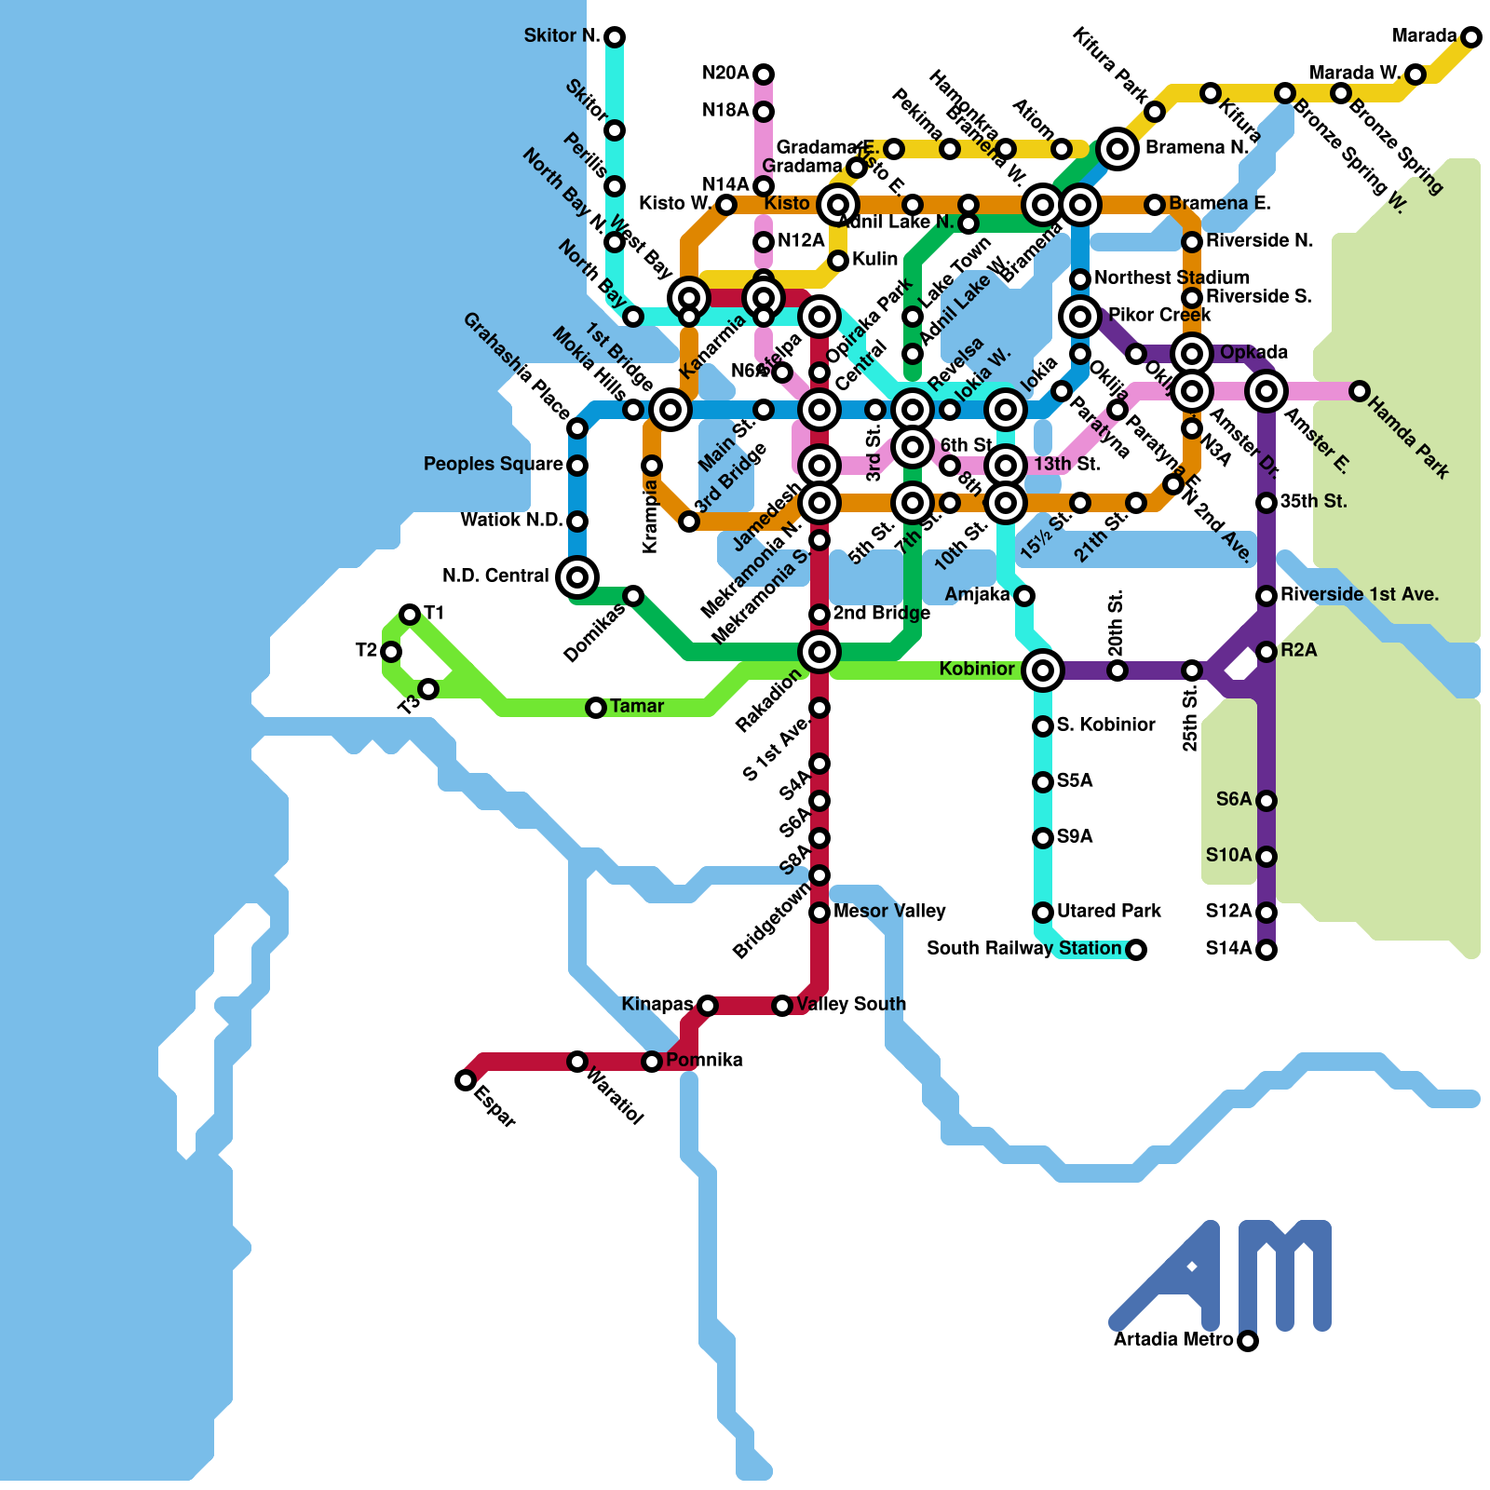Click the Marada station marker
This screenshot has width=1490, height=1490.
coord(1470,37)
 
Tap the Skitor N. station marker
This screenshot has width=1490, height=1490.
coord(614,37)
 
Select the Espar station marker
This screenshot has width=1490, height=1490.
coord(465,1080)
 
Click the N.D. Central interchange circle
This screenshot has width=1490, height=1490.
coord(576,577)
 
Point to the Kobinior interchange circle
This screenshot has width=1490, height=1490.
coord(1042,670)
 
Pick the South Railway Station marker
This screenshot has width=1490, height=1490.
coord(1135,950)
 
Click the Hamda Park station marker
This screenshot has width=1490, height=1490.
coord(1359,391)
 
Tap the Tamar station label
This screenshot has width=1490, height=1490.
coord(637,707)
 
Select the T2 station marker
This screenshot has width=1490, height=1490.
coord(390,651)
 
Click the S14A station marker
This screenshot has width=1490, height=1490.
coord(1266,950)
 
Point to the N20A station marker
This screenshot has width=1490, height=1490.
coord(763,74)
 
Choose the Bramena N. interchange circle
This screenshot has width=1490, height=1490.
coord(1117,148)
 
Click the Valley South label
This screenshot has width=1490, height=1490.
coord(851,1005)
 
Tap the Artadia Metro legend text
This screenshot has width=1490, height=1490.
coord(1173,1340)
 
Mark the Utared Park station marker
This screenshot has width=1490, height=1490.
coord(1042,913)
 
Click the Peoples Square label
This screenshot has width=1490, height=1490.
coord(493,465)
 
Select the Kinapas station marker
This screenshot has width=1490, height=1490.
coord(707,1005)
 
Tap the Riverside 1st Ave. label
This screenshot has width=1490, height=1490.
coord(1359,595)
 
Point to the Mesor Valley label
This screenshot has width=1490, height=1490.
coord(889,912)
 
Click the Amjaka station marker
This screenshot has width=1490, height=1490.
coord(1023,595)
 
